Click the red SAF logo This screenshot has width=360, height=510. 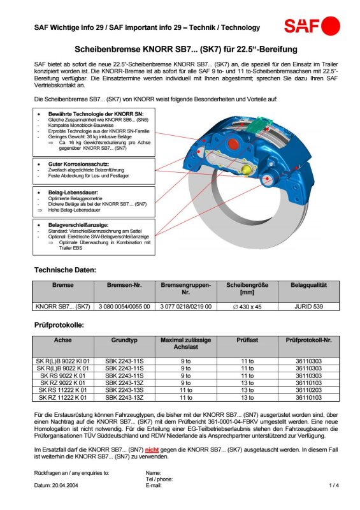(x=312, y=26)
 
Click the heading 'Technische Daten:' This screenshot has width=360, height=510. (x=66, y=270)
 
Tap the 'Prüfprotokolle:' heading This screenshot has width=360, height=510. (x=59, y=325)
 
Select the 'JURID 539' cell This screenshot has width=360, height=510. (x=308, y=307)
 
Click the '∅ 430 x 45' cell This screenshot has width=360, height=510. (x=247, y=307)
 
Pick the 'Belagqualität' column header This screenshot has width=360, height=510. (x=308, y=285)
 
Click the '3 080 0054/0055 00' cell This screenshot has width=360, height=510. (x=124, y=307)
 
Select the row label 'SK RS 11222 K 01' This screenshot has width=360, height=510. (x=63, y=390)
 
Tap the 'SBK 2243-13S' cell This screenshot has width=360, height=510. (x=124, y=390)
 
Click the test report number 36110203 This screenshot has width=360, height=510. (x=308, y=390)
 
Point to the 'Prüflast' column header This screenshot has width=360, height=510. (x=247, y=340)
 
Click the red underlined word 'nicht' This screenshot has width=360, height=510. (x=152, y=450)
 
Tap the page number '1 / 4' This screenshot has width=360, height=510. (x=334, y=485)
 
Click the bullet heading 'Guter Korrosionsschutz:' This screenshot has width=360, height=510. (x=79, y=164)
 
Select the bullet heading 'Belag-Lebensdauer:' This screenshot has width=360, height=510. (x=73, y=193)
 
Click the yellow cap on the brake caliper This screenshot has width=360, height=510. (x=246, y=170)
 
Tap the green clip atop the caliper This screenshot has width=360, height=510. (x=259, y=124)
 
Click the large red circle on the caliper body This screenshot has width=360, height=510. (x=233, y=143)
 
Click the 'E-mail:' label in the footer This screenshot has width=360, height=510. (x=154, y=486)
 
